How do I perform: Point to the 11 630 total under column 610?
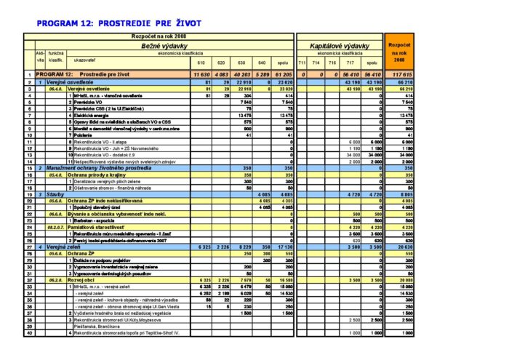(201, 74)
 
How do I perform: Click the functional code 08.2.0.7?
(55, 228)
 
